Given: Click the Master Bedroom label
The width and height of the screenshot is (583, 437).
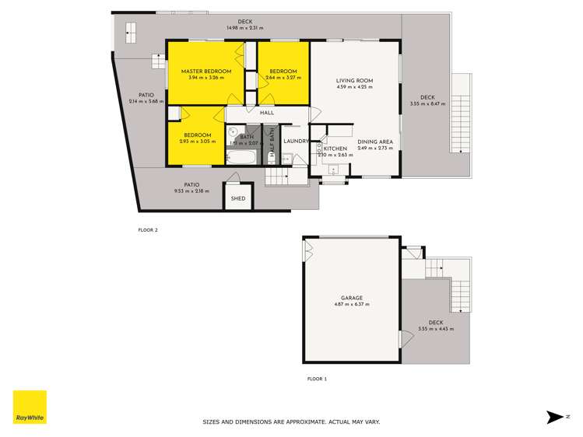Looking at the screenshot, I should tap(205, 71).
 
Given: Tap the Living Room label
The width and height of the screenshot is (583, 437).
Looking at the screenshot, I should tap(354, 81).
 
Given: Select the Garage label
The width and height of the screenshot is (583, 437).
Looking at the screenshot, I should tap(352, 297).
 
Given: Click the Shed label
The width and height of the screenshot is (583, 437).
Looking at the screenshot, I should tap(238, 198).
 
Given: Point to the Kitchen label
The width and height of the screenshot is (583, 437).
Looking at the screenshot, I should tap(335, 149).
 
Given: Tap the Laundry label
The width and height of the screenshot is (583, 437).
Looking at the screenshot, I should tap(297, 141).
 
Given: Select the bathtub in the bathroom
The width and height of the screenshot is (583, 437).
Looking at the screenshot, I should tap(243, 156).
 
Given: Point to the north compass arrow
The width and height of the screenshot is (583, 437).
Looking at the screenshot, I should tap(555, 418).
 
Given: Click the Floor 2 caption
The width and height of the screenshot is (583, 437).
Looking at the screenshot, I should tap(147, 230).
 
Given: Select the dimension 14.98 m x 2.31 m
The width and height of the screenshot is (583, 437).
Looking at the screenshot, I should tap(245, 28).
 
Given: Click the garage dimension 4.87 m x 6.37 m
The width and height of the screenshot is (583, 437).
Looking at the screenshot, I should tap(352, 304).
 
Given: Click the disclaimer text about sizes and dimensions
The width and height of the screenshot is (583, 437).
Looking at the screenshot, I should tap(291, 421).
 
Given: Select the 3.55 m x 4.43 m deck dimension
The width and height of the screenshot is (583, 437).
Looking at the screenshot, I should tap(435, 329).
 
